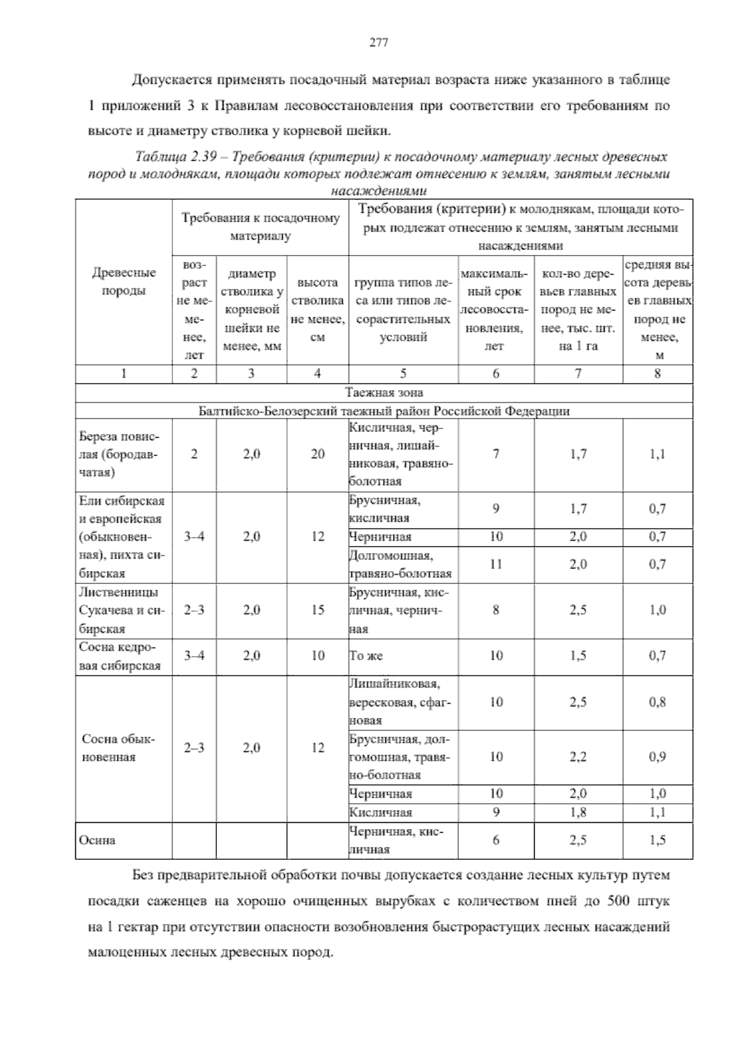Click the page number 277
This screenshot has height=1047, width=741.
(x=378, y=43)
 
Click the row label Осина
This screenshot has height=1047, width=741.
(x=98, y=840)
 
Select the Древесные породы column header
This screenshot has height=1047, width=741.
(x=124, y=282)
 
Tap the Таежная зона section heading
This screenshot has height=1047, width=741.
(x=384, y=393)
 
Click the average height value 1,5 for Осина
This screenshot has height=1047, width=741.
(x=657, y=840)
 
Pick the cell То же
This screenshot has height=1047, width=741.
(x=366, y=656)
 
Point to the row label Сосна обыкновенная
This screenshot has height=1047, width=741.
(x=119, y=748)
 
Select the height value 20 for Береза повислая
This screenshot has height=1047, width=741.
(x=317, y=454)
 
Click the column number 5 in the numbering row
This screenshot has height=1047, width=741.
(x=403, y=373)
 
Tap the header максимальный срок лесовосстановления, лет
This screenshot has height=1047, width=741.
(x=495, y=310)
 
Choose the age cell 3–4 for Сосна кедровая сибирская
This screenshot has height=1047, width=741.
(x=194, y=656)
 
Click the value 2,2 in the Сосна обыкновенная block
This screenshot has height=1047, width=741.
(x=578, y=757)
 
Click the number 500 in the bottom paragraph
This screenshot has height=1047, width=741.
(x=617, y=901)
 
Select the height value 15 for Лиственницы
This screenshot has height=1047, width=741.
(x=317, y=610)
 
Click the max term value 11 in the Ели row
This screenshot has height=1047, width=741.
(x=495, y=564)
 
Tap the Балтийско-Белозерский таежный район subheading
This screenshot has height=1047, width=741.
(x=384, y=411)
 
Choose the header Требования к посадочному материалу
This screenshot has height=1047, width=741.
(x=260, y=227)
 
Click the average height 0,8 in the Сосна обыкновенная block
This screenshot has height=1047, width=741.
(x=657, y=702)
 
